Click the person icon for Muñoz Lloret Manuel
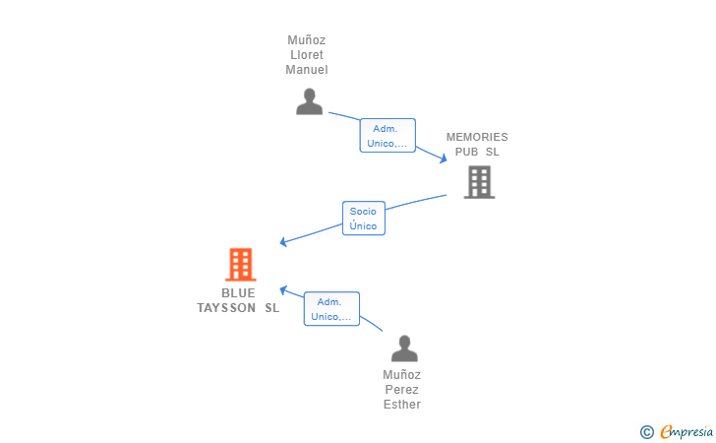click(x=309, y=101)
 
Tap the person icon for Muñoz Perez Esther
click(x=404, y=348)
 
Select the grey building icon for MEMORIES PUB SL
click(x=480, y=182)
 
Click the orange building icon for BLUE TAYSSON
click(x=241, y=264)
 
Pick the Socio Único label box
click(x=364, y=219)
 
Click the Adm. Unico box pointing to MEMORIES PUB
click(x=388, y=135)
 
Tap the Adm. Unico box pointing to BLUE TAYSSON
click(x=332, y=308)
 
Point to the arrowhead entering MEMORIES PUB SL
click(x=444, y=158)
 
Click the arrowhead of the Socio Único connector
click(x=283, y=242)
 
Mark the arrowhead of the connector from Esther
click(x=283, y=289)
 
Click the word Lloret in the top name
click(x=307, y=55)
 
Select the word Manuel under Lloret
click(x=307, y=70)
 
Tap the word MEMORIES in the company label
click(x=477, y=137)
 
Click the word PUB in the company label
click(x=466, y=152)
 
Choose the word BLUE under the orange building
click(x=238, y=293)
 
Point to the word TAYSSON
click(x=226, y=308)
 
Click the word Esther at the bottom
click(x=402, y=405)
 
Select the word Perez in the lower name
click(x=402, y=390)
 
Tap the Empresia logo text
click(x=686, y=431)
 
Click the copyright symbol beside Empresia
click(x=647, y=432)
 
